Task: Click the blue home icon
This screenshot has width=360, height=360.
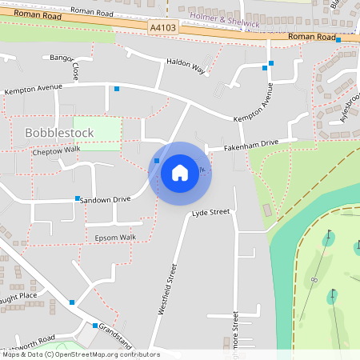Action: pyautogui.click(x=180, y=172)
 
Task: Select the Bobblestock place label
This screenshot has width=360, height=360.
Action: pyautogui.click(x=60, y=132)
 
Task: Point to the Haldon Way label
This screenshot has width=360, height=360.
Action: pyautogui.click(x=186, y=66)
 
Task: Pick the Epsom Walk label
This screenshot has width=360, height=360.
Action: pyautogui.click(x=116, y=238)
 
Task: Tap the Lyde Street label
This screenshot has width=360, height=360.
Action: pyautogui.click(x=210, y=213)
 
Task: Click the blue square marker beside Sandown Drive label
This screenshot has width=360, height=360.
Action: pyautogui.click(x=78, y=198)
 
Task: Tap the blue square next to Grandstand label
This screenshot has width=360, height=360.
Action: pyautogui.click(x=94, y=326)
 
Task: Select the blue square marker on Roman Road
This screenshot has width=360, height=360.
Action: pyautogui.click(x=338, y=39)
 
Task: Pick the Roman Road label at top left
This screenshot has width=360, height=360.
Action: pyautogui.click(x=90, y=10)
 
